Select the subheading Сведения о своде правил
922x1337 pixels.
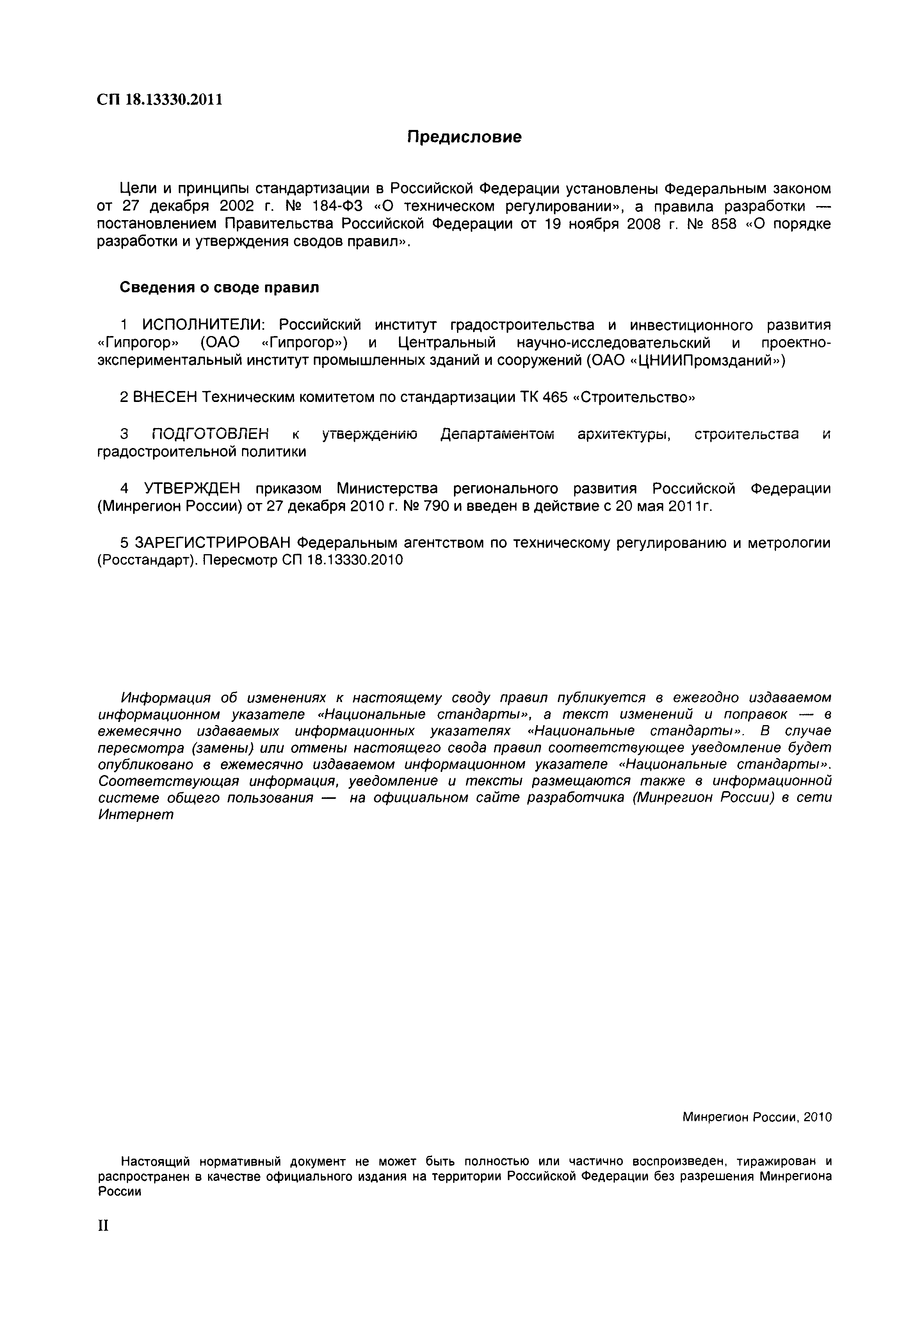point(219,287)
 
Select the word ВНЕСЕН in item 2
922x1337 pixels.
point(165,397)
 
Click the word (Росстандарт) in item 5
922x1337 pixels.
point(148,560)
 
